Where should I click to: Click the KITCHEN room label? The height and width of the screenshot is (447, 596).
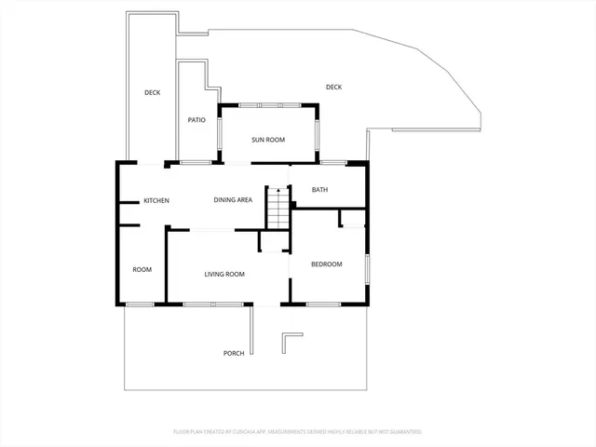(156, 200)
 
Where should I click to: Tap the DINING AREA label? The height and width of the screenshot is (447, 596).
(233, 200)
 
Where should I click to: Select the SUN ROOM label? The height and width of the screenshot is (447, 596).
(268, 140)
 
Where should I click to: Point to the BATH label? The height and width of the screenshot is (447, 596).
(319, 190)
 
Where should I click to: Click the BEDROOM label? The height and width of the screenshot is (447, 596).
(326, 264)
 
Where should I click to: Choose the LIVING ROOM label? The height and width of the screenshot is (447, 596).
(224, 274)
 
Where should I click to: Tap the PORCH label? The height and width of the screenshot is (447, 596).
(234, 353)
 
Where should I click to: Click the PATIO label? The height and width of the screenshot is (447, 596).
(196, 120)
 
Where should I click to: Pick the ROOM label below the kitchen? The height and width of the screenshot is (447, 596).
(142, 270)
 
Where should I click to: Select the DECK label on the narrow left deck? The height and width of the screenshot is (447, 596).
(153, 92)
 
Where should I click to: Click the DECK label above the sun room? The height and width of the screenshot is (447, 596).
(334, 88)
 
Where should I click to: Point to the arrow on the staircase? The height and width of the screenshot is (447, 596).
(278, 192)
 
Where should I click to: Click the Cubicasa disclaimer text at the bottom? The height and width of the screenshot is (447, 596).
(298, 432)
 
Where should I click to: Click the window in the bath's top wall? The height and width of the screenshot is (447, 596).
(333, 163)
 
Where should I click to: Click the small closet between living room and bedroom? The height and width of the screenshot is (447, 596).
(273, 241)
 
